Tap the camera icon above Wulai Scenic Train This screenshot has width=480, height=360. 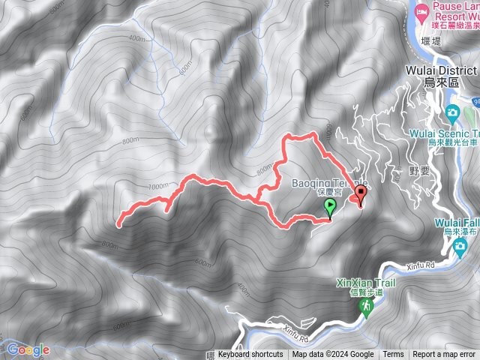452,113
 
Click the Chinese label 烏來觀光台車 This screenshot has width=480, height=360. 453,141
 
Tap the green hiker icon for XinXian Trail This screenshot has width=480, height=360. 367,307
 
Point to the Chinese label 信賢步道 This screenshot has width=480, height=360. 366,292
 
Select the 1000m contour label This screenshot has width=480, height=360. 158,186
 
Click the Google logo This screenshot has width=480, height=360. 28,349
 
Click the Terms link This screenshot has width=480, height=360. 393,355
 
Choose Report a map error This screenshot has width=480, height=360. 444,355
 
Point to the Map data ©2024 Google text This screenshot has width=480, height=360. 333,355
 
